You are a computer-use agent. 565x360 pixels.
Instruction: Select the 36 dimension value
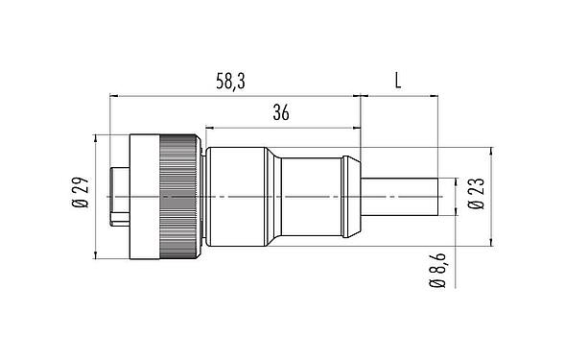pos(281,113)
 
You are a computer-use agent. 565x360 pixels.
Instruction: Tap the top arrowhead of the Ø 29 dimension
pos(96,138)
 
